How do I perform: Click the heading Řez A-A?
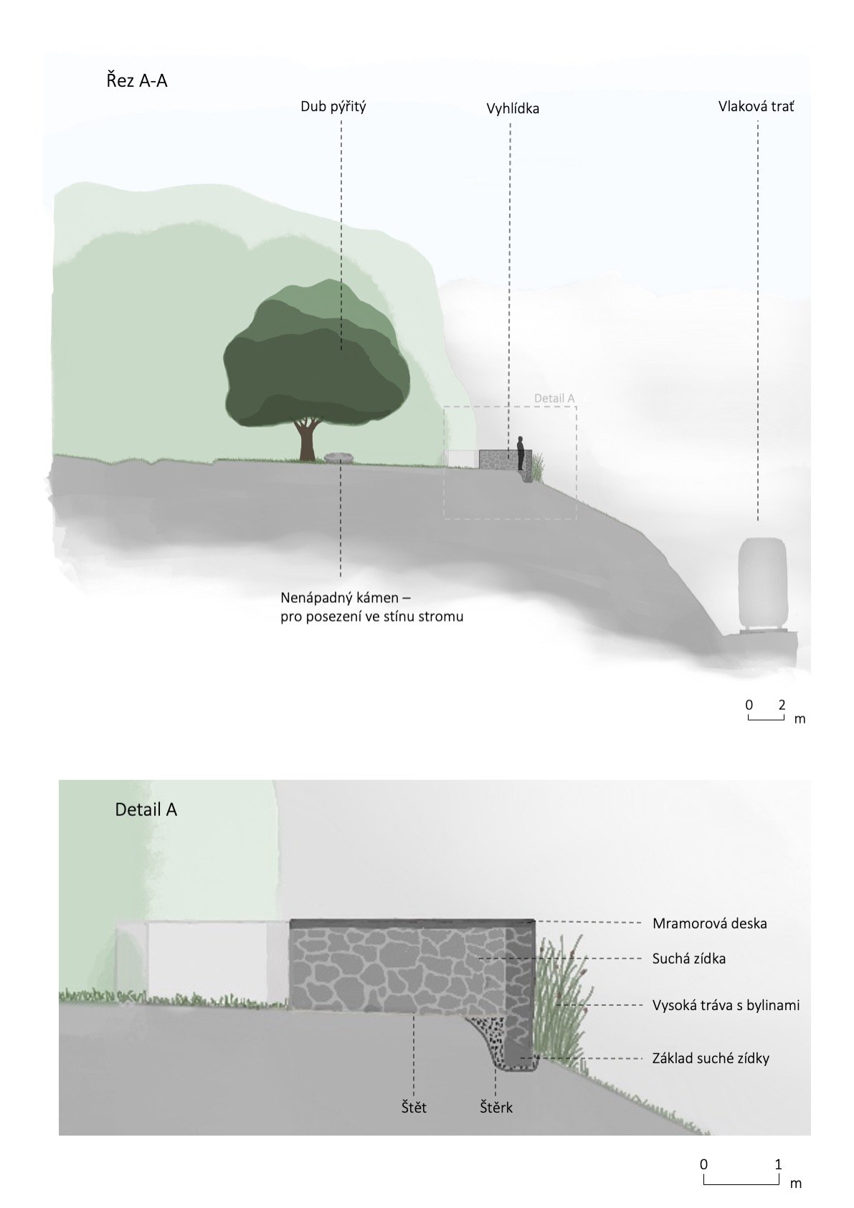click(136, 81)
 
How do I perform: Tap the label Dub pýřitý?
click(333, 107)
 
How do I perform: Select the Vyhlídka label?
click(513, 108)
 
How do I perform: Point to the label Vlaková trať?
click(756, 106)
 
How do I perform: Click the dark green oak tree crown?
click(317, 353)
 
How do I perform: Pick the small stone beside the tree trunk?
click(339, 457)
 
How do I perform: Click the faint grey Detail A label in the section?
click(554, 399)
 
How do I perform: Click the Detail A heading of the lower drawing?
click(146, 809)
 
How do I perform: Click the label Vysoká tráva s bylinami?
click(726, 1005)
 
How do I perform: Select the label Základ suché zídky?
click(711, 1058)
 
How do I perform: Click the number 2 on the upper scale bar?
click(782, 704)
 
